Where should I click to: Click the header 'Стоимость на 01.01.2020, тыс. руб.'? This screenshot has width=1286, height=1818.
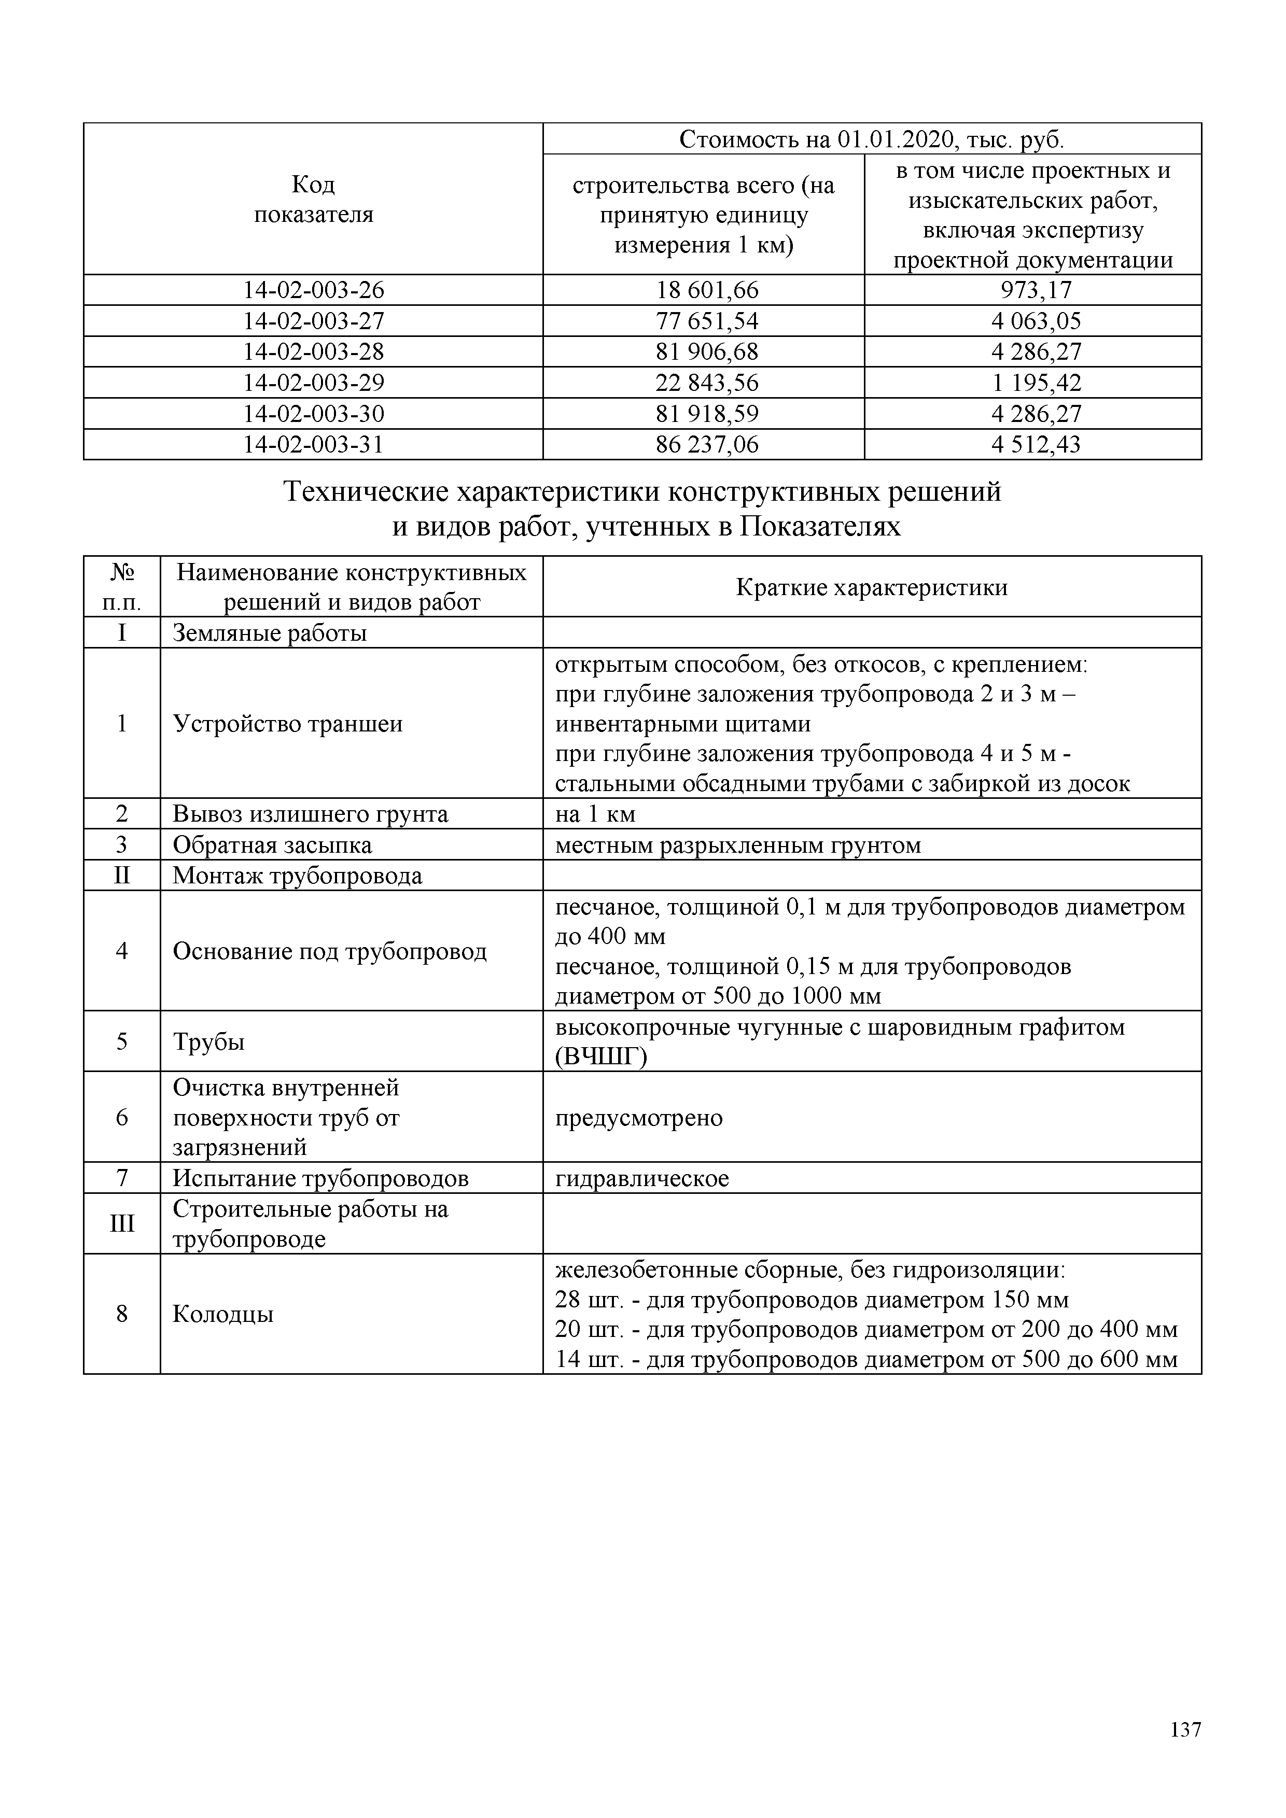pos(871,139)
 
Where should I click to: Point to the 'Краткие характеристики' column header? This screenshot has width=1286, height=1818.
pos(871,587)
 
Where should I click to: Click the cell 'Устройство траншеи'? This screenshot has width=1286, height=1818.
pos(287,724)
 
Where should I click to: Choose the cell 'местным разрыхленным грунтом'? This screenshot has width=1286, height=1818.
pos(738,845)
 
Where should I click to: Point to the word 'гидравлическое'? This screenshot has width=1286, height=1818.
pos(641,1179)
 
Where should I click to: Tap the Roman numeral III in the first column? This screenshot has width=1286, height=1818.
pos(122,1224)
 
